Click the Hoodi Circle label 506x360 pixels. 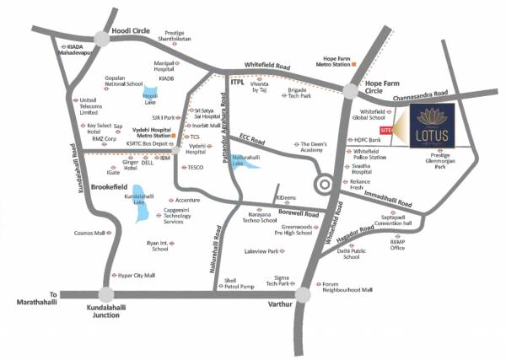tap(132, 30)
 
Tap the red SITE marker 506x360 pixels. tap(386, 132)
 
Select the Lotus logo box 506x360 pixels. tap(428, 129)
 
